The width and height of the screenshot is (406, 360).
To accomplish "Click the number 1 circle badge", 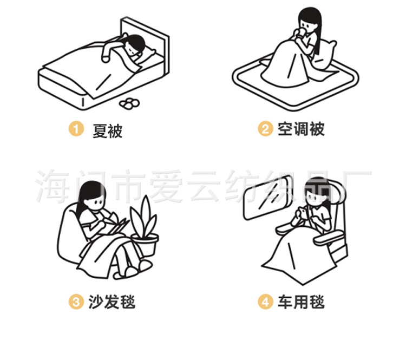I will click(76, 129).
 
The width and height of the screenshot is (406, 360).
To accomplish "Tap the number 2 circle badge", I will click(265, 129).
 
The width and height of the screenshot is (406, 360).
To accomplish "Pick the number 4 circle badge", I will click(265, 302).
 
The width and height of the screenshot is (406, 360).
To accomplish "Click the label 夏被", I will click(107, 130).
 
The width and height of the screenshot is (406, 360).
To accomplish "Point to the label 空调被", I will click(301, 129).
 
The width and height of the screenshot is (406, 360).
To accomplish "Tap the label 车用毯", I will click(301, 302).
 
